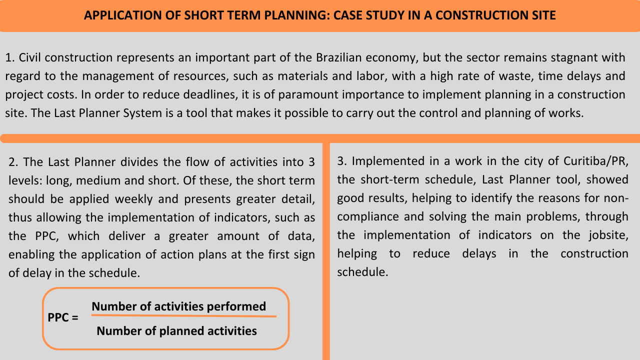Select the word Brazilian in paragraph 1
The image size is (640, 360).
(x=325, y=58)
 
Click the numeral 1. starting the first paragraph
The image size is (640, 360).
(x=9, y=58)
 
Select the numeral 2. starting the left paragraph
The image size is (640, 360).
(x=13, y=162)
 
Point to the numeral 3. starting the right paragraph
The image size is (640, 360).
(x=342, y=161)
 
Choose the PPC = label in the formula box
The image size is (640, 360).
(x=63, y=317)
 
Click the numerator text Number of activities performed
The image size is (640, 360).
(x=178, y=306)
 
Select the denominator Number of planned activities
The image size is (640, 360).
(x=176, y=331)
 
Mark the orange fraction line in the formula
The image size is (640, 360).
(x=183, y=316)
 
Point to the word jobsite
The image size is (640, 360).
(x=606, y=235)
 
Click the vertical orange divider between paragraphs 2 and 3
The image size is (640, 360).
(x=326, y=250)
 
